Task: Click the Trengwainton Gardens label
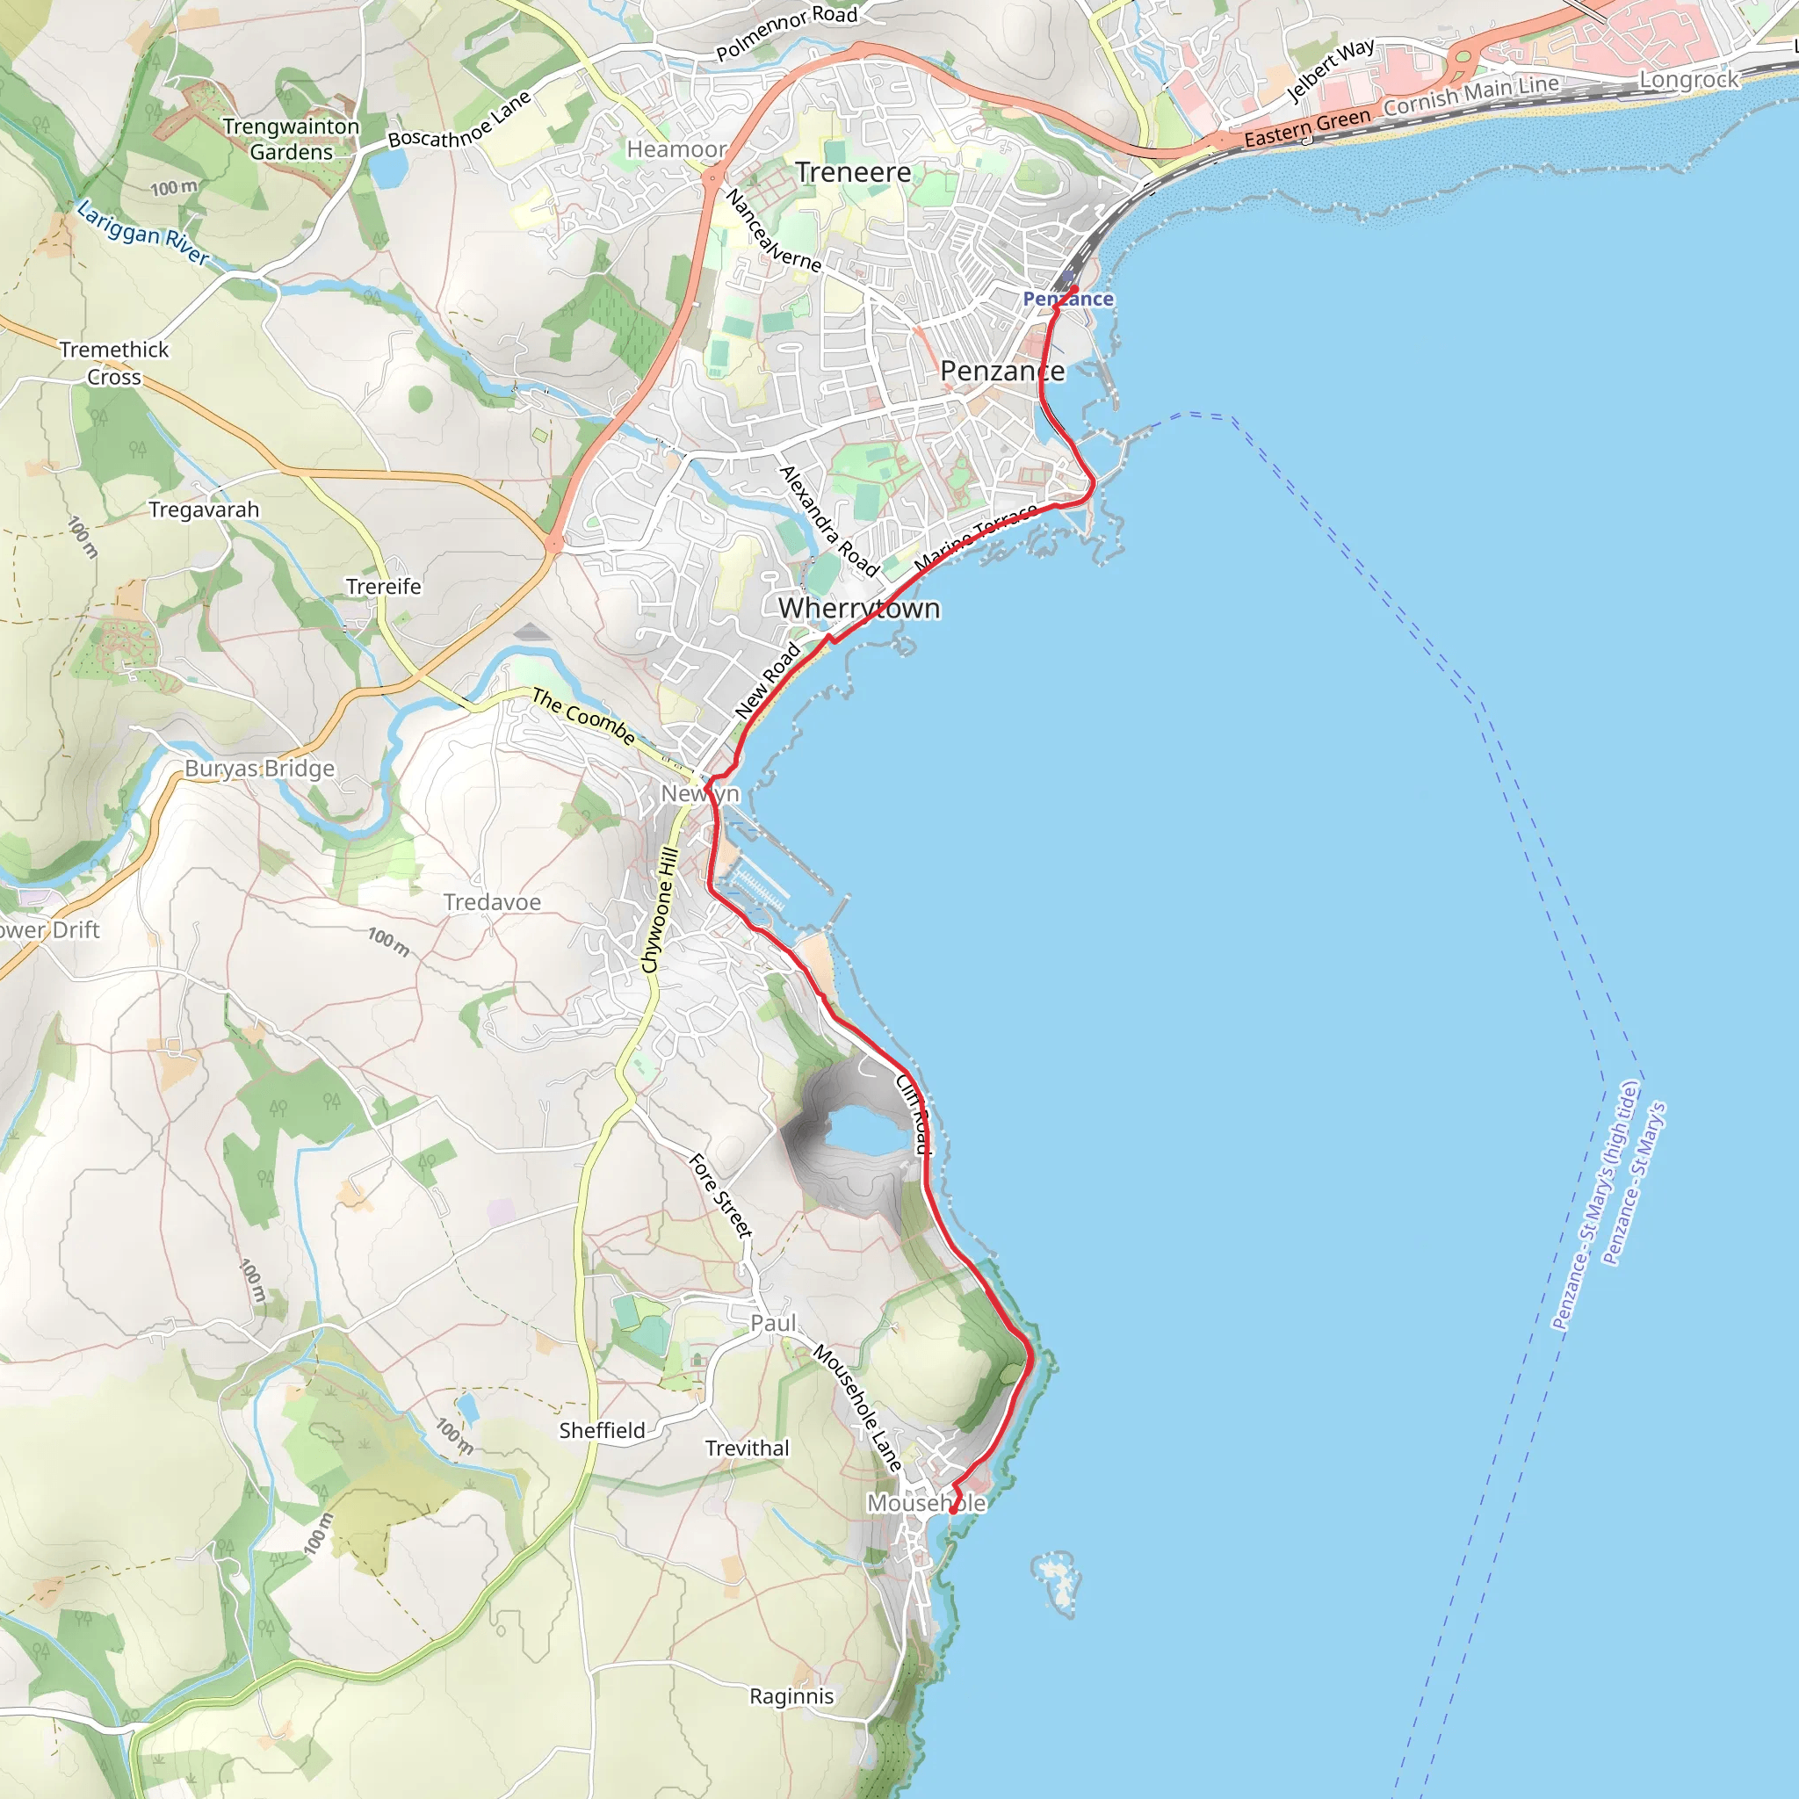click(291, 139)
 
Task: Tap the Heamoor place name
click(676, 149)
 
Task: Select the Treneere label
click(853, 172)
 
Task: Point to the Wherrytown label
click(858, 608)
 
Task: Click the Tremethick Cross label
click(114, 363)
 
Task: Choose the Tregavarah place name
click(204, 509)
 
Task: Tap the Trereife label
click(384, 587)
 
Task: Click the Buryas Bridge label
click(259, 769)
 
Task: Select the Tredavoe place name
click(492, 902)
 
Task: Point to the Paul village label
click(774, 1323)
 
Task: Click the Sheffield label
click(602, 1430)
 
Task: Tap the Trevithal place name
click(747, 1448)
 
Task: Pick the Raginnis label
click(791, 1695)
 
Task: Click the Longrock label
click(1688, 80)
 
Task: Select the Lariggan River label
click(143, 233)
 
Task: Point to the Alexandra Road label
click(829, 522)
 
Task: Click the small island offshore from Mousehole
click(1058, 1578)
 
